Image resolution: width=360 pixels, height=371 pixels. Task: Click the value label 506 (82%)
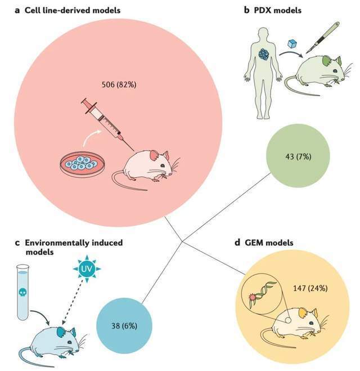point(119,84)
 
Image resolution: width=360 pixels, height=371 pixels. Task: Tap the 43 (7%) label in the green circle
point(298,157)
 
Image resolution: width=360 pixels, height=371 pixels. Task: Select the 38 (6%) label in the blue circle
point(124,326)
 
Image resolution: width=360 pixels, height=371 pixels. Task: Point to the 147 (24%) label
point(310,288)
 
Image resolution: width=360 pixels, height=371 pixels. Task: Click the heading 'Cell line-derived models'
point(73,10)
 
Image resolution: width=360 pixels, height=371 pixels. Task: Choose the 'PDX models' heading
point(277,10)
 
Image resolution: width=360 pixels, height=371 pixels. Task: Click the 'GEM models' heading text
point(269,243)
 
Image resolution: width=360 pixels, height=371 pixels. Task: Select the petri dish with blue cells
point(82,164)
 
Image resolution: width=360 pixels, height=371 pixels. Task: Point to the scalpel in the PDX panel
point(323,37)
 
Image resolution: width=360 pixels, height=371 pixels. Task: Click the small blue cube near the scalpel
point(292,44)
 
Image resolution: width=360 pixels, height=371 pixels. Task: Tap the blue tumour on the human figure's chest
point(264,54)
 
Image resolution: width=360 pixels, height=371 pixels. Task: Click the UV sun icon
point(87,269)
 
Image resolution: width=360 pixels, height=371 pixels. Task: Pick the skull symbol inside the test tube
point(22,293)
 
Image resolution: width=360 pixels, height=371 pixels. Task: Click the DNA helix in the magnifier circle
point(262,292)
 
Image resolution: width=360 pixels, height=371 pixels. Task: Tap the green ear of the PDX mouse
point(327,61)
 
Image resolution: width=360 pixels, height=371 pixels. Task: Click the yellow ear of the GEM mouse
point(303,313)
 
